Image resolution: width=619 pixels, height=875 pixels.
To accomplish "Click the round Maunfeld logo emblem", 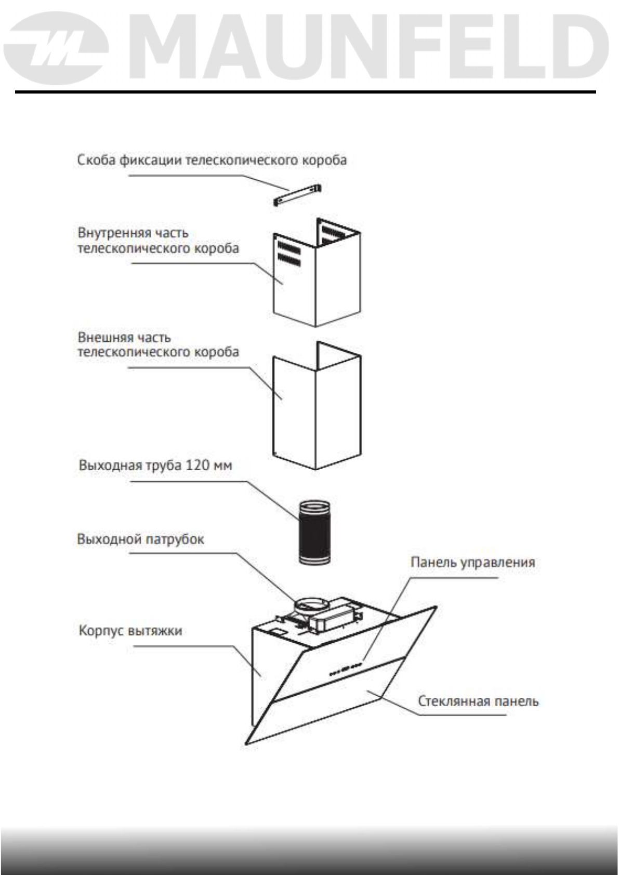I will (58, 48).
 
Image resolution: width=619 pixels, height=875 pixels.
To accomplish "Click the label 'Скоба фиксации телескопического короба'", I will (212, 160).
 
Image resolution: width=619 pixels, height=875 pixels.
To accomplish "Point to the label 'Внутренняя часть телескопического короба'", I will (158, 241).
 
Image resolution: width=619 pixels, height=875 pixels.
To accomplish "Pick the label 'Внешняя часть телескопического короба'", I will (158, 344).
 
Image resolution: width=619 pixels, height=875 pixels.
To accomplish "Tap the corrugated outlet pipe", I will (314, 533).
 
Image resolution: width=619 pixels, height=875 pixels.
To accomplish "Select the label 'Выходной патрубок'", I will (140, 539).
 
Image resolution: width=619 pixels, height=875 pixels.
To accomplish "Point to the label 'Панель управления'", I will (472, 562).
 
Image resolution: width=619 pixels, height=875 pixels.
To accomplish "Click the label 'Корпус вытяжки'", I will (130, 631).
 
